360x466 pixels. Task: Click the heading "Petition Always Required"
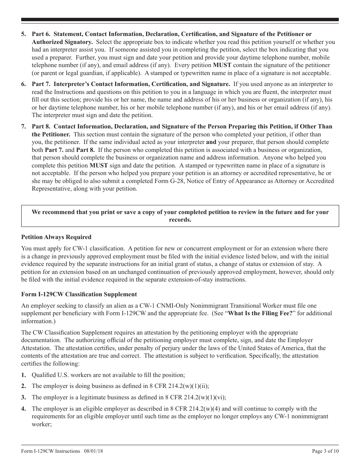[56, 237]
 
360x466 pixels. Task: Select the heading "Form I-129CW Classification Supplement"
[79, 294]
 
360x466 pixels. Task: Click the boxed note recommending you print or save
[180, 216]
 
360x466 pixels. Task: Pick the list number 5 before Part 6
[23, 34]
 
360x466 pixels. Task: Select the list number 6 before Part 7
[23, 84]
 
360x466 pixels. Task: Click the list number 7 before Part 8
[23, 127]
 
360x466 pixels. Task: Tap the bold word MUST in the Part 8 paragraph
[99, 166]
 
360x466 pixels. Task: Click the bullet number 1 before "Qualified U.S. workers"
[23, 375]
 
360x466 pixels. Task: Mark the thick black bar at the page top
[180, 20]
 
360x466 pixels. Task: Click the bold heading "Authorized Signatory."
[56, 42]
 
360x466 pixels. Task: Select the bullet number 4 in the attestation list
[23, 409]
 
